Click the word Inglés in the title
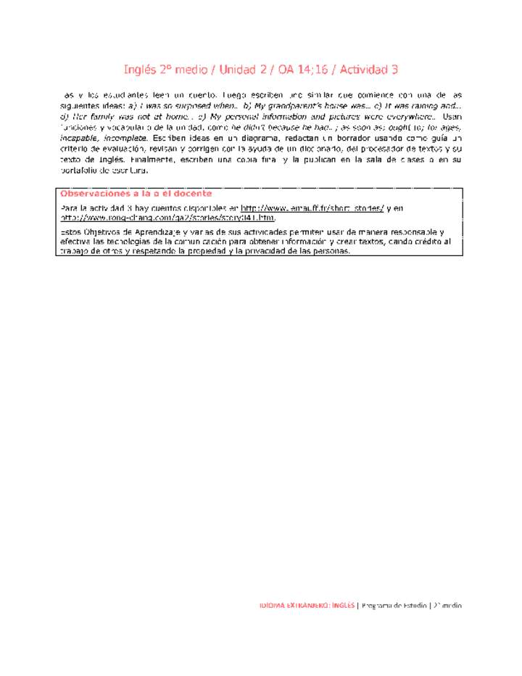(x=139, y=70)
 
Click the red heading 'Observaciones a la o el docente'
(x=136, y=194)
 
